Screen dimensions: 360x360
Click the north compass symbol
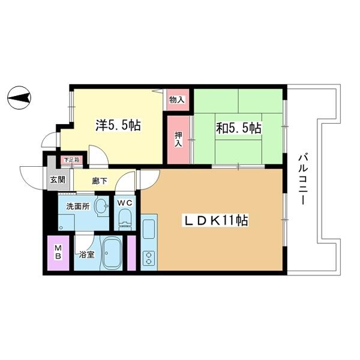click(19, 98)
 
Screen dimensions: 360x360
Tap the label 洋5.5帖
click(118, 125)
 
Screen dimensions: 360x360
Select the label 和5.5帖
click(239, 128)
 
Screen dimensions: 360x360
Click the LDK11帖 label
click(215, 221)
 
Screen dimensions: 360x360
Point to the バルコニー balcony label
click(303, 179)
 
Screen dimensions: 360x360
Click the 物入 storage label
click(177, 100)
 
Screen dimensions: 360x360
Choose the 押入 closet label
click(178, 139)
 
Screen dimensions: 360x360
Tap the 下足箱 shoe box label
click(71, 160)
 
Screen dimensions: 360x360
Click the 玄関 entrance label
click(58, 180)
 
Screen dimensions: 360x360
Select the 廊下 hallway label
click(100, 181)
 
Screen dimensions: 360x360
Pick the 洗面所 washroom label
click(78, 206)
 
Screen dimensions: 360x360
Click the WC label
click(125, 203)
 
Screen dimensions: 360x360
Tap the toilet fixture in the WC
click(125, 220)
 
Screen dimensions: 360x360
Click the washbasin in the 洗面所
click(102, 205)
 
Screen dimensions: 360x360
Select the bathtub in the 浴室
click(112, 253)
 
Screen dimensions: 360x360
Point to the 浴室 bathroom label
click(86, 254)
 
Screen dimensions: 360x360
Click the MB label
click(58, 252)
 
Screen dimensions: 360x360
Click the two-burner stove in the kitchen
click(149, 258)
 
